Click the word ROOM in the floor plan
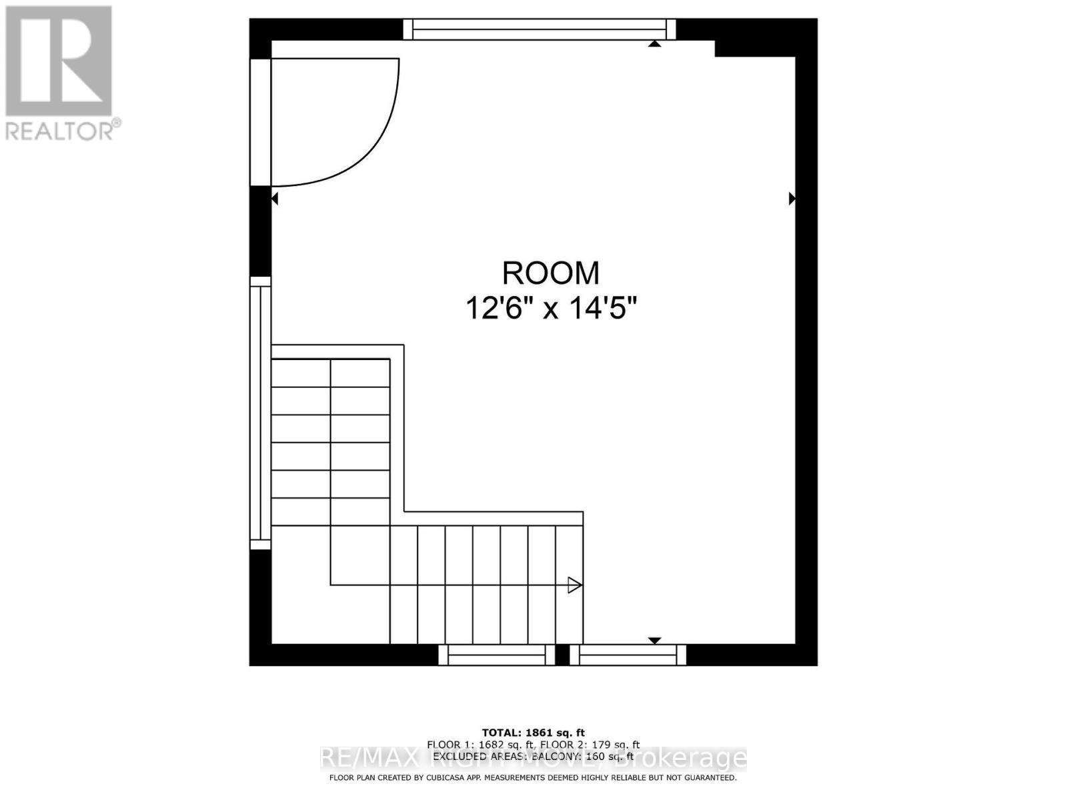click(550, 273)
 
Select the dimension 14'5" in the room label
click(604, 309)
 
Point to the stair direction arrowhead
click(574, 585)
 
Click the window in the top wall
click(540, 29)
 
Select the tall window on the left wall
click(260, 413)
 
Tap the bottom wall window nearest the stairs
click(496, 655)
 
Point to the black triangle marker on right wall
click(792, 198)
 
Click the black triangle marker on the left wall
click(274, 198)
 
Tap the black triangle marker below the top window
click(654, 43)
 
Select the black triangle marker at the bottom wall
click(654, 641)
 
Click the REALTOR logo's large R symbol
click(59, 60)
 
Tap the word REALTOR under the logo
click(60, 131)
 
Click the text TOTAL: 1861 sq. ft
click(533, 733)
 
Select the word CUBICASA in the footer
click(448, 777)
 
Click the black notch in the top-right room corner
click(734, 48)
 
